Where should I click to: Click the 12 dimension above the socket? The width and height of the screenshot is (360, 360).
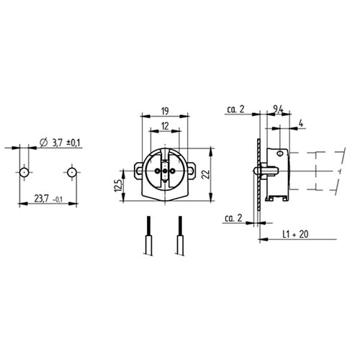click(x=165, y=127)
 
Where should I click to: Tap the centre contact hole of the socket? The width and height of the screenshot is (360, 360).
click(x=165, y=171)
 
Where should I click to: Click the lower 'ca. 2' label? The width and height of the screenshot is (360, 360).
click(x=233, y=217)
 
